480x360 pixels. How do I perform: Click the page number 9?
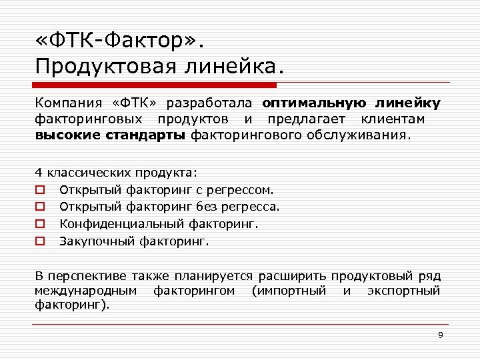click(441, 335)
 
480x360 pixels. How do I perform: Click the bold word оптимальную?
click(314, 103)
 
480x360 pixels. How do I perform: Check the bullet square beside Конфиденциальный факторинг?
click(40, 225)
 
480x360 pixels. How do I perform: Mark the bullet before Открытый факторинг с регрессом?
click(40, 190)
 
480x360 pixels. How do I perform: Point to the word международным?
click(86, 291)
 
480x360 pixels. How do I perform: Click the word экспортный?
click(404, 291)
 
